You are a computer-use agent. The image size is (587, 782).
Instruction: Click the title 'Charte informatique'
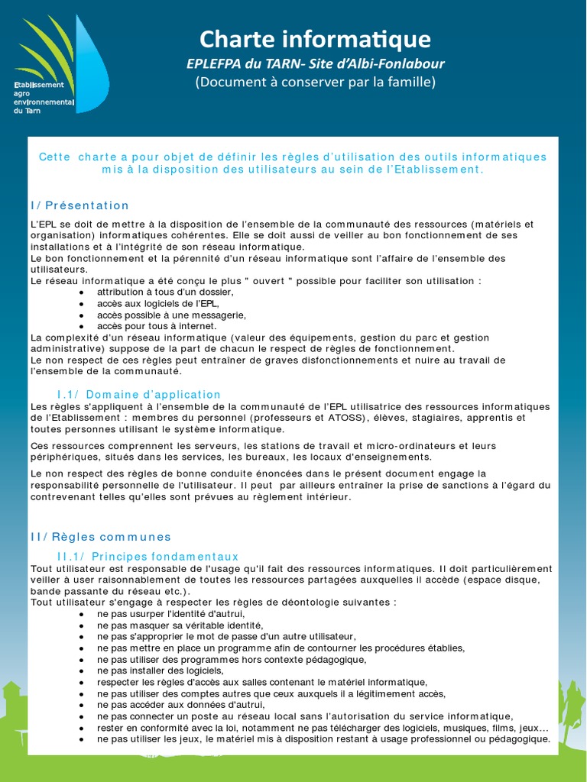point(315,39)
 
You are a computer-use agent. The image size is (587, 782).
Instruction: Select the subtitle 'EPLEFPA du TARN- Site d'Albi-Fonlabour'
point(315,63)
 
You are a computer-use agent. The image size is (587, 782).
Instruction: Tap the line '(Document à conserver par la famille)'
point(315,82)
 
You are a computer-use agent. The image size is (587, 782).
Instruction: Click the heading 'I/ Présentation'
point(80,205)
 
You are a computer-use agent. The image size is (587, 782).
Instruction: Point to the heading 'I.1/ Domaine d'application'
point(139,394)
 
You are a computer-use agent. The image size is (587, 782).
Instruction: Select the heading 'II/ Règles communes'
point(102,537)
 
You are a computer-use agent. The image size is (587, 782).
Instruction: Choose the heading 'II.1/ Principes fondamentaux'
point(148,557)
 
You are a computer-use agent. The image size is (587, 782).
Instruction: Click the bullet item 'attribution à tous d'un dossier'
point(165,292)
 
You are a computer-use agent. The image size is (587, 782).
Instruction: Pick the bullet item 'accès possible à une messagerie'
point(171,315)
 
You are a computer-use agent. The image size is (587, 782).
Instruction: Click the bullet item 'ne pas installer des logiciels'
point(160,671)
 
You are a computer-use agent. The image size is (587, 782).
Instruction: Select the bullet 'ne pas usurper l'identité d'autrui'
point(170,613)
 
